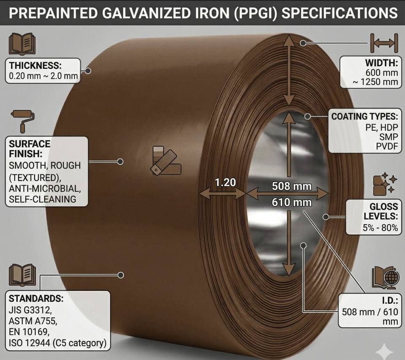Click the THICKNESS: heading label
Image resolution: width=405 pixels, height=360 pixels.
click(x=35, y=65)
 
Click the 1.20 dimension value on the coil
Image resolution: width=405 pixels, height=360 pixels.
click(x=225, y=182)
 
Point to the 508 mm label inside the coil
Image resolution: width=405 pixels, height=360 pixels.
click(x=292, y=185)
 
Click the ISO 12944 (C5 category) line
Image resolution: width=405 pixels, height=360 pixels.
click(x=57, y=343)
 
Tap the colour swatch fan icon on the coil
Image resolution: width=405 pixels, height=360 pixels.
click(x=166, y=160)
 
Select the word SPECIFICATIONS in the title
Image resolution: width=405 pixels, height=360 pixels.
click(x=339, y=13)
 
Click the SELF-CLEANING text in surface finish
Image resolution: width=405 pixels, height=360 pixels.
click(x=42, y=198)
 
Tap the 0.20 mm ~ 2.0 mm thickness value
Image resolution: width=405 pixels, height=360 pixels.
click(x=43, y=76)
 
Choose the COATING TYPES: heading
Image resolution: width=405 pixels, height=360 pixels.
click(x=364, y=116)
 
